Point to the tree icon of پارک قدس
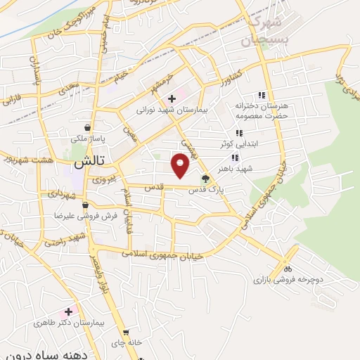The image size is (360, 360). [x=205, y=179]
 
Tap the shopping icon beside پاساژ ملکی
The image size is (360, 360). [x=86, y=127]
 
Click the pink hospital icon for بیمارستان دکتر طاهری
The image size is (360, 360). [x=68, y=311]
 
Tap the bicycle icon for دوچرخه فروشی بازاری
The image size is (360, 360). [x=286, y=269]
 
